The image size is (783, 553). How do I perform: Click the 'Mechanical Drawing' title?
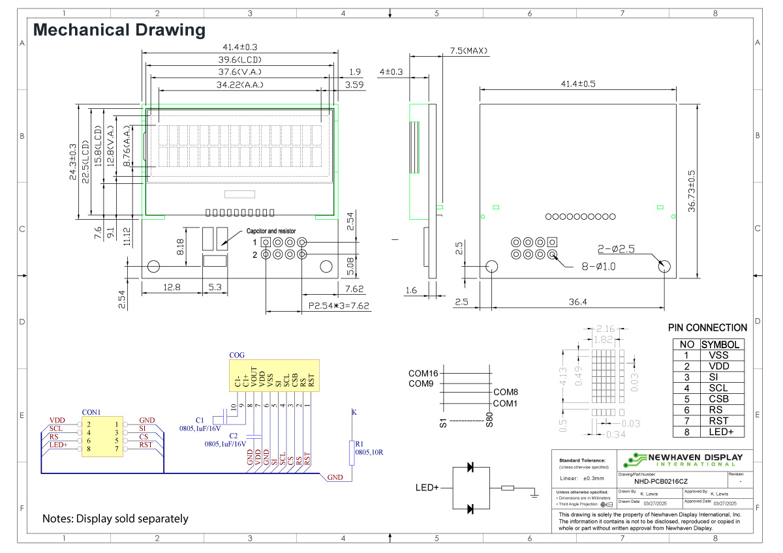coord(119,30)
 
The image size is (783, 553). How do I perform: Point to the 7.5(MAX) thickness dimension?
coord(468,51)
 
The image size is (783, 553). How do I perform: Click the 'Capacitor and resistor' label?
coord(271,231)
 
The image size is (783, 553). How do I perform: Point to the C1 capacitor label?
coord(200,419)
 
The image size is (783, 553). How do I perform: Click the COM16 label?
coord(423,374)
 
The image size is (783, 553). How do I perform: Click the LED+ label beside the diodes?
coord(427,488)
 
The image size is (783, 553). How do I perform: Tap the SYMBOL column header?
coord(721,345)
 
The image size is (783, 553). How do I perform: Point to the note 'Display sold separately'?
coord(115,519)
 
